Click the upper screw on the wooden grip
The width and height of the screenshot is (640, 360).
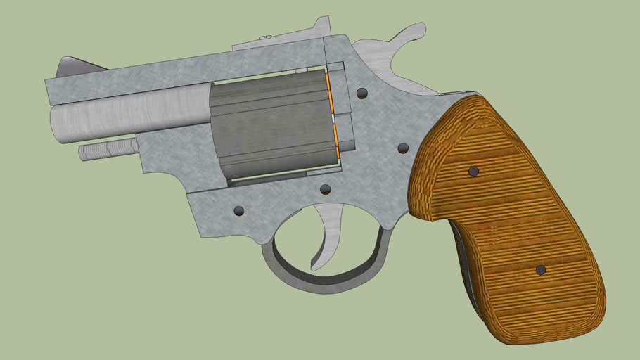[473, 171]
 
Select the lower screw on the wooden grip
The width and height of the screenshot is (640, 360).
[540, 270]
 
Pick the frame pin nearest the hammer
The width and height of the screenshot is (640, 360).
[362, 93]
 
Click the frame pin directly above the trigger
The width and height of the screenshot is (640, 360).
[325, 188]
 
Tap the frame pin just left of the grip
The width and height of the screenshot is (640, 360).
[403, 148]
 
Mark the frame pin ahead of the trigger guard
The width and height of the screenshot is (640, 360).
[239, 210]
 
